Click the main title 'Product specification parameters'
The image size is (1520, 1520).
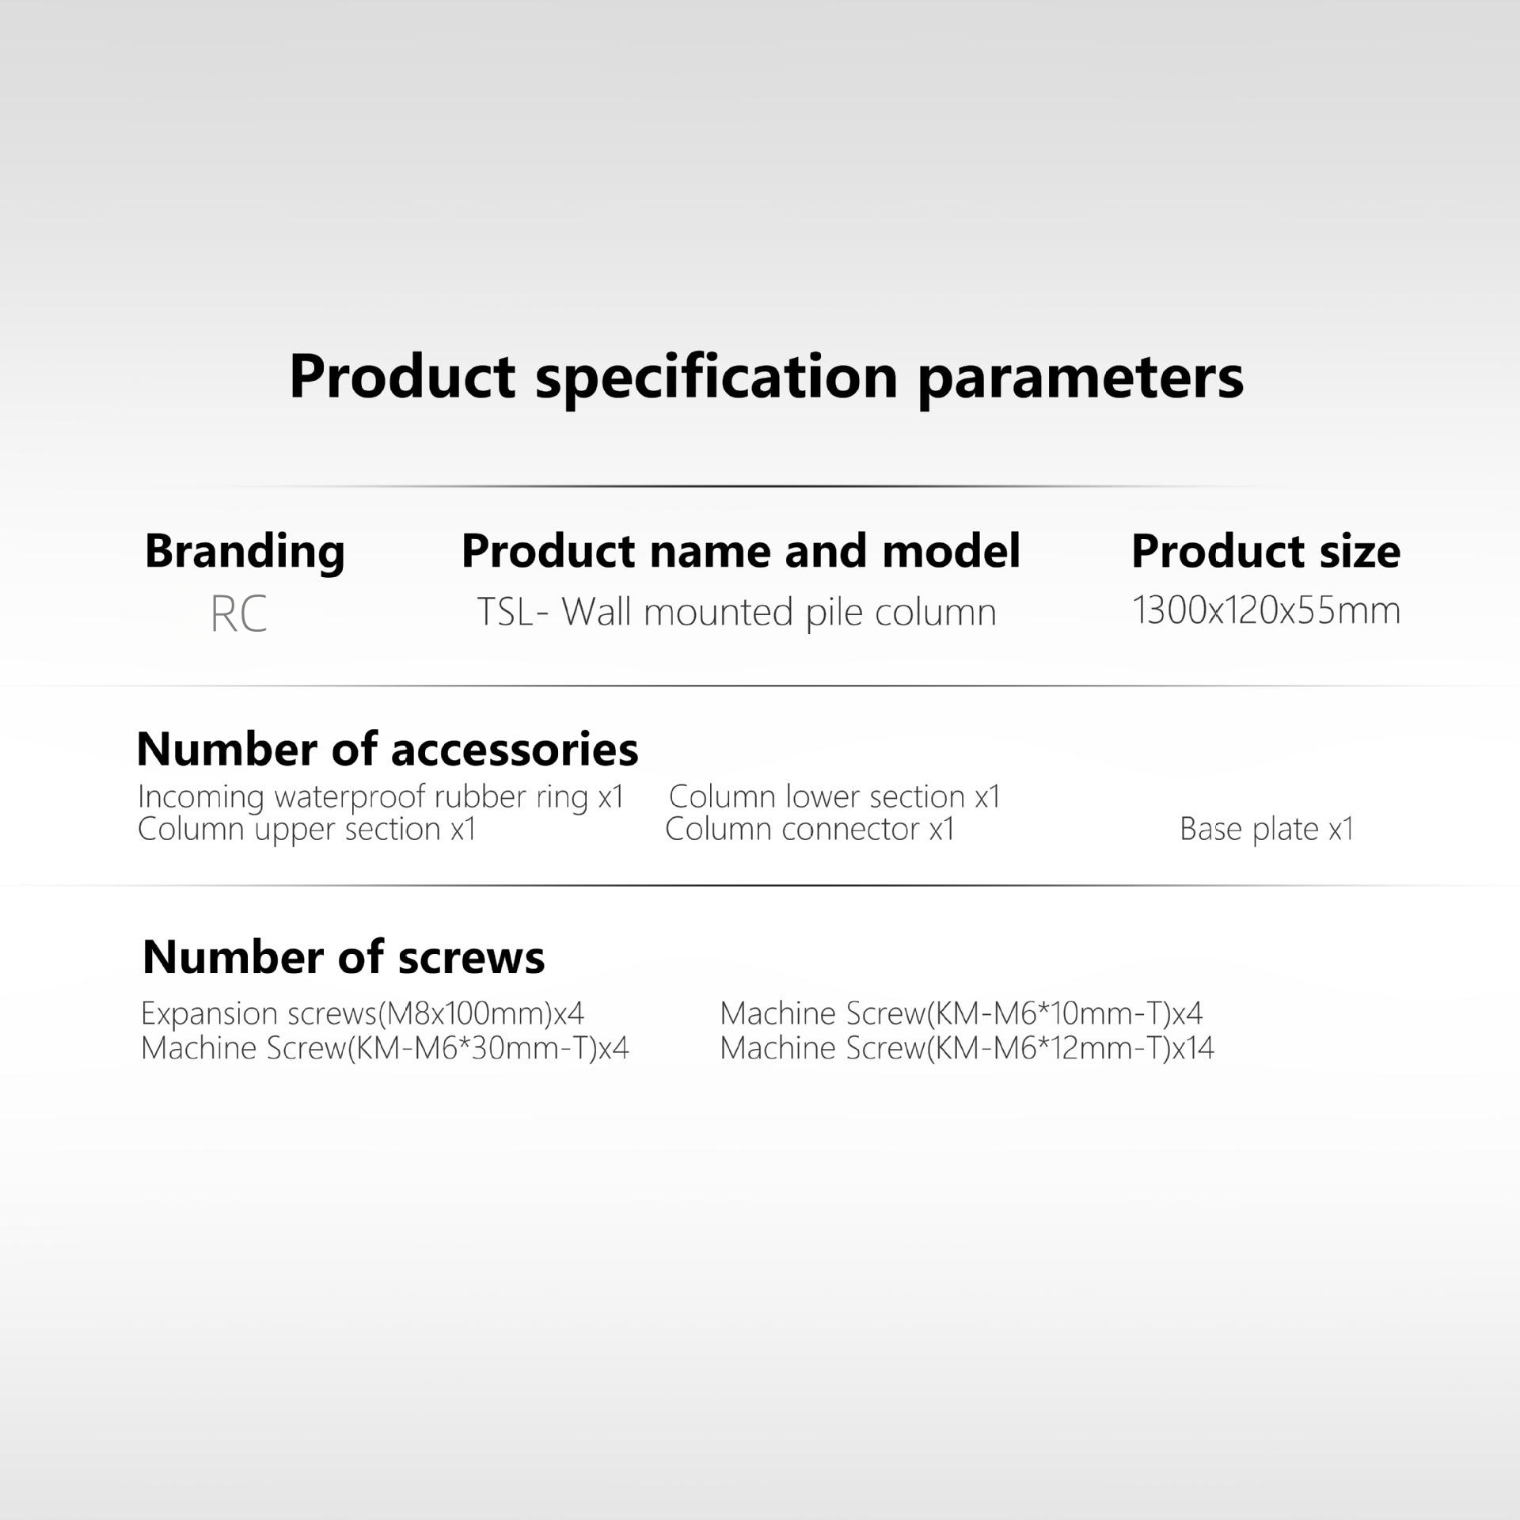766,378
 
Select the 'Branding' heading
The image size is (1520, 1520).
245,553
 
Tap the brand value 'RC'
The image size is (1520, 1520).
239,614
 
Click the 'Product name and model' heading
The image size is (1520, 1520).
741,551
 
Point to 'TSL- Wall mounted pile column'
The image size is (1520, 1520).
736,613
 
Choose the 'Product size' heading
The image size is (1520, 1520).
1266,552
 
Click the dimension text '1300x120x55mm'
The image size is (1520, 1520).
1267,610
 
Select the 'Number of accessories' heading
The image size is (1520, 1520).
387,749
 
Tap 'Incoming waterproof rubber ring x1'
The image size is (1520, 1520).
381,797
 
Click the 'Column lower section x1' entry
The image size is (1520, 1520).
835,796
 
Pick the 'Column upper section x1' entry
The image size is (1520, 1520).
307,830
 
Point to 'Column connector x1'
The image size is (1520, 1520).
810,829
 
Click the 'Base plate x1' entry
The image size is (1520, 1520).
1267,830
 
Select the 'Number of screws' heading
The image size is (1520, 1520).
344,957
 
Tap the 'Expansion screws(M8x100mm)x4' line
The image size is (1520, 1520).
363,1014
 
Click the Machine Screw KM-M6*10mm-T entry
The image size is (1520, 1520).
961,1013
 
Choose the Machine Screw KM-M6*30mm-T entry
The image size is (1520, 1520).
385,1048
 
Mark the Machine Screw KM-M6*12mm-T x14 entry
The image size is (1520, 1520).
967,1048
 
